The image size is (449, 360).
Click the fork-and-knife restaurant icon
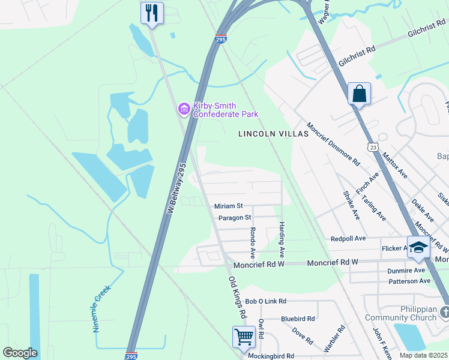click(152, 13)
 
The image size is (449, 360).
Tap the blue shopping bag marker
click(359, 94)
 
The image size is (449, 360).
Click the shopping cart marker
click(244, 337)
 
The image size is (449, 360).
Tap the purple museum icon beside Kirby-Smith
click(184, 109)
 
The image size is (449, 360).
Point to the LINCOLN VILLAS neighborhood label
click(273, 134)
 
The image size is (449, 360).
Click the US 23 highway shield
click(373, 146)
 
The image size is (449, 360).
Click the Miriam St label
click(228, 206)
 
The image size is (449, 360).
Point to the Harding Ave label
click(281, 236)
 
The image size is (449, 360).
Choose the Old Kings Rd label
click(238, 297)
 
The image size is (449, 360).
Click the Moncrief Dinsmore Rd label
click(333, 145)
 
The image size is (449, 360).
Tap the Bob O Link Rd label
click(266, 301)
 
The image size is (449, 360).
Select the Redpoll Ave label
click(348, 238)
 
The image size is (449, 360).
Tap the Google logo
click(20, 353)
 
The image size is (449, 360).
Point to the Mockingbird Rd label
click(271, 356)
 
